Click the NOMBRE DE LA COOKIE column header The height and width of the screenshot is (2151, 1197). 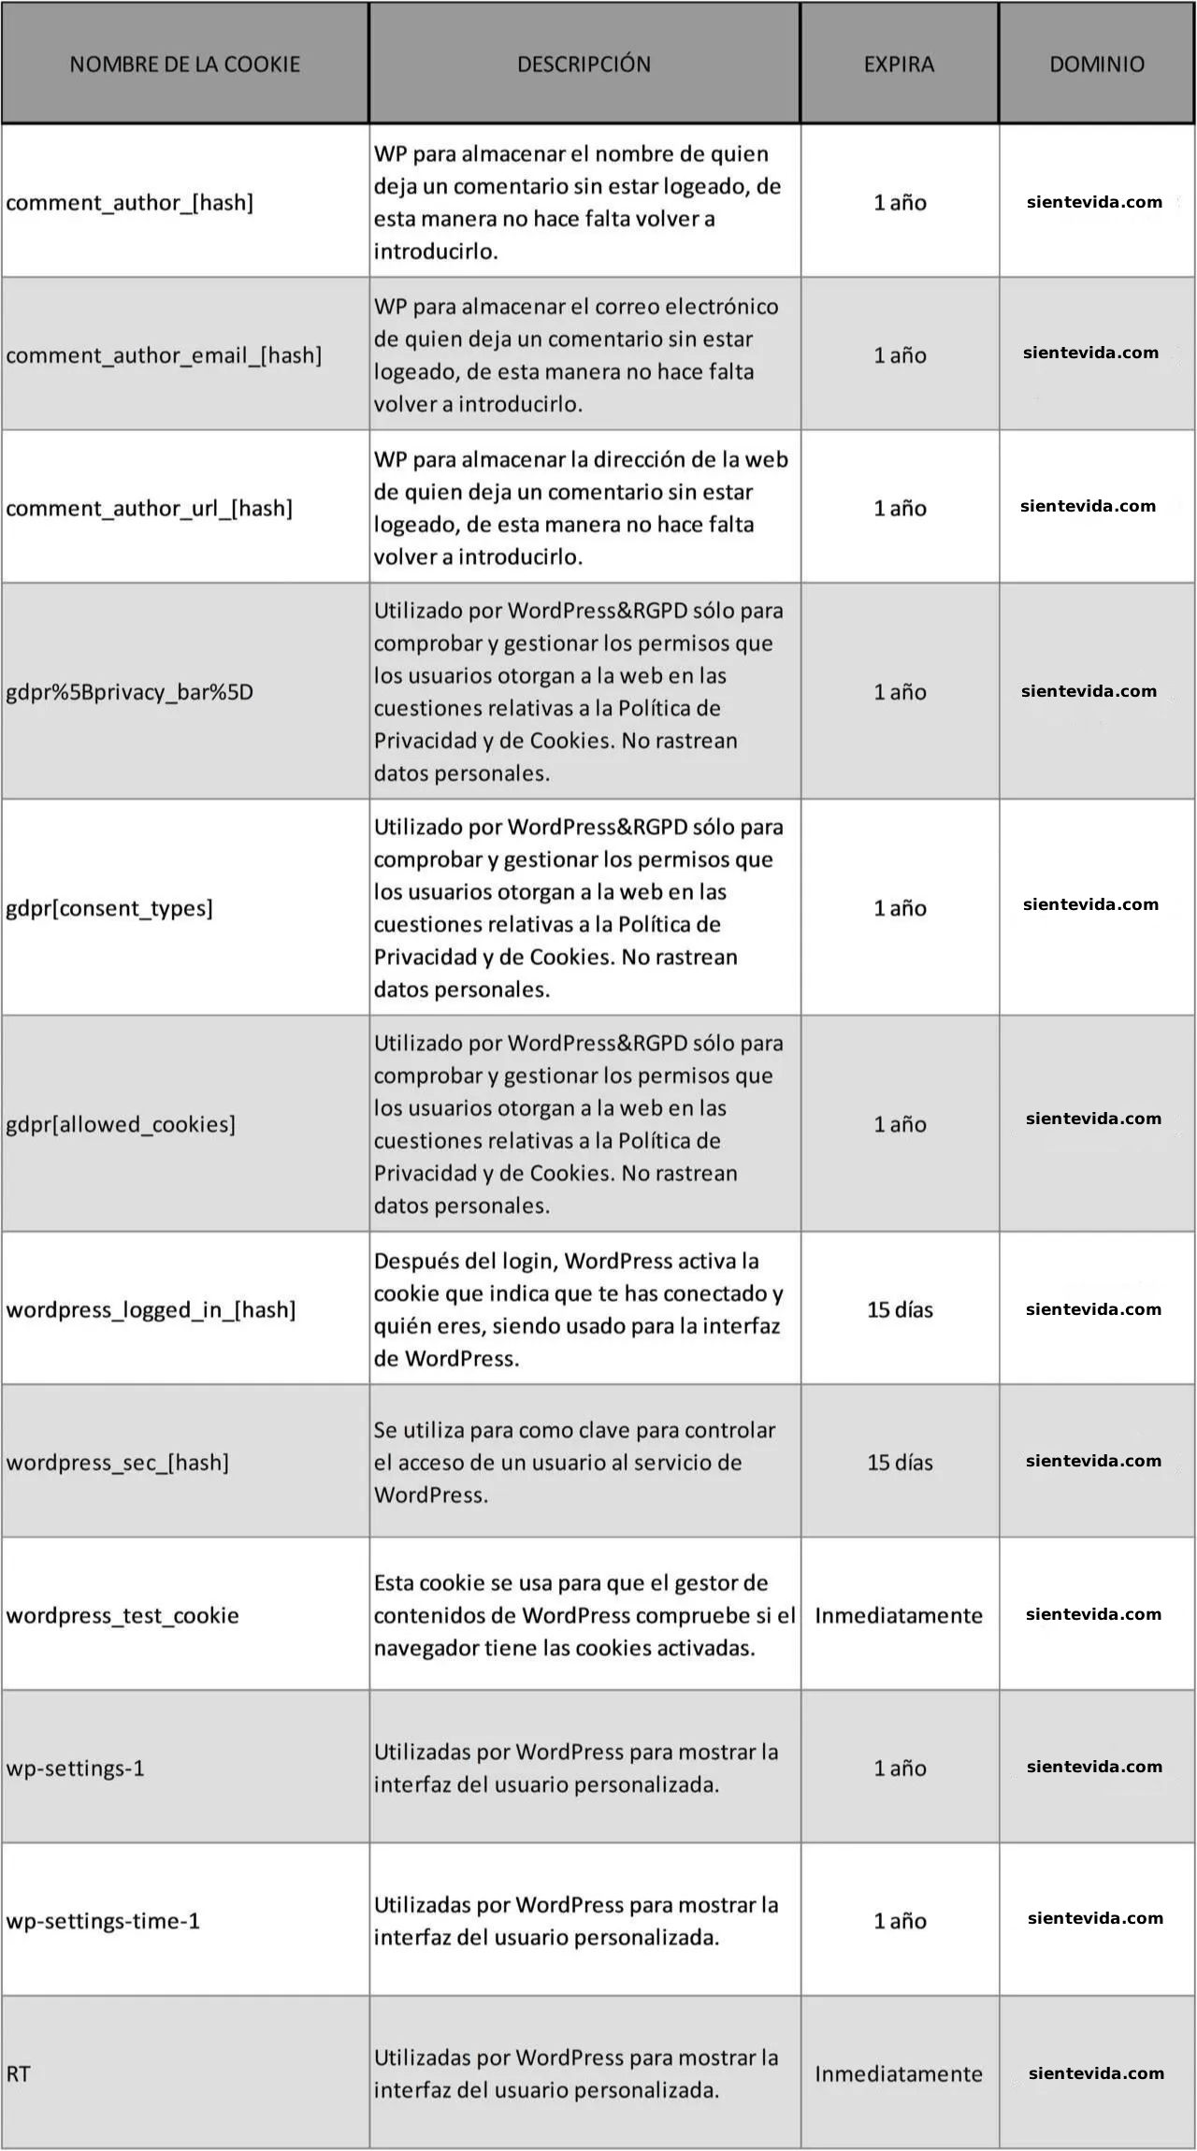[x=184, y=64]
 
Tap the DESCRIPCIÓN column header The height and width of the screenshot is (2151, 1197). [x=584, y=64]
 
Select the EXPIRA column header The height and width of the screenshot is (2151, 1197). [x=899, y=64]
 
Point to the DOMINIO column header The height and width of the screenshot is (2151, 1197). [x=1096, y=64]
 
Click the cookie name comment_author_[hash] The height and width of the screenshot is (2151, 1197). [x=130, y=202]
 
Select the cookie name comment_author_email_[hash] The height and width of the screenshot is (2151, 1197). [x=164, y=355]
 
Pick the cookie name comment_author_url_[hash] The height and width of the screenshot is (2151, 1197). [x=150, y=508]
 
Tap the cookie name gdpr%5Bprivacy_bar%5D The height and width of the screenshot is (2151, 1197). [x=130, y=692]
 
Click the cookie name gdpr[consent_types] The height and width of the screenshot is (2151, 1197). [x=109, y=908]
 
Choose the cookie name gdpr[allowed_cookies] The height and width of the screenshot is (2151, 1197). [x=121, y=1124]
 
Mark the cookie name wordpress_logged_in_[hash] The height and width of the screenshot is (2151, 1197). [x=151, y=1309]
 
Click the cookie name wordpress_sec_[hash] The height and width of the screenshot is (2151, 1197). [x=118, y=1462]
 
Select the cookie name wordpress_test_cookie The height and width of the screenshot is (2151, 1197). [x=123, y=1615]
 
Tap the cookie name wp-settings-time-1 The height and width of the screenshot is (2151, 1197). [x=103, y=1921]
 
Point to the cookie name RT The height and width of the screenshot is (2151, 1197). [x=19, y=2074]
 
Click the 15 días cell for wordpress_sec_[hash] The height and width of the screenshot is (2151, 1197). [x=900, y=1462]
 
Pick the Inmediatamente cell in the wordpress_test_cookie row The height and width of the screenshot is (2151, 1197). [x=899, y=1615]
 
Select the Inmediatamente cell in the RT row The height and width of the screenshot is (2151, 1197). [x=899, y=2074]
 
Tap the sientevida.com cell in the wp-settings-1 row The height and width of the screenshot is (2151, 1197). [x=1094, y=1767]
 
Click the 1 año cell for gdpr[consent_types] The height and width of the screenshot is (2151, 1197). [x=900, y=908]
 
